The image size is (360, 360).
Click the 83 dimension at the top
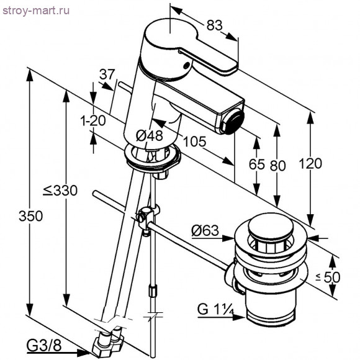pos(214,25)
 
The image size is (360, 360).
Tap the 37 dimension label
pos(107,74)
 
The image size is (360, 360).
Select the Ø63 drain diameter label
pos(205,231)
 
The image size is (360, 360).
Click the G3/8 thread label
pos(43,343)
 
